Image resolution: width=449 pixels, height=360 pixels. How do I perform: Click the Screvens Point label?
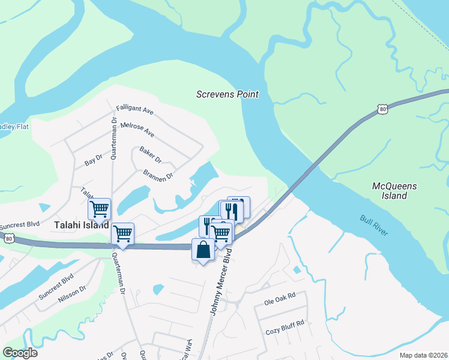click(228, 94)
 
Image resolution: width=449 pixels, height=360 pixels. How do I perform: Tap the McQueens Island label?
click(394, 191)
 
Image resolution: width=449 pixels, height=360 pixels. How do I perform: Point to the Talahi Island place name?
click(81, 226)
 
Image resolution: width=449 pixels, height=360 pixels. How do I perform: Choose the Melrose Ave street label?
click(137, 129)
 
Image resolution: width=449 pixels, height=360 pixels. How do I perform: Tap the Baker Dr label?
click(151, 155)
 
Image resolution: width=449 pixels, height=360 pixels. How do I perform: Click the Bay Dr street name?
click(94, 160)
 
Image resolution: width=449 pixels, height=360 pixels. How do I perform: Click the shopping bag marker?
click(203, 249)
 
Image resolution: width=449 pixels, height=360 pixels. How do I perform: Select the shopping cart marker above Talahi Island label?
click(99, 209)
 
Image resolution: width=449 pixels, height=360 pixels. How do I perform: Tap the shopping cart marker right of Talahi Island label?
click(122, 233)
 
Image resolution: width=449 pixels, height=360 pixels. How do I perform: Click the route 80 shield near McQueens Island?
click(382, 108)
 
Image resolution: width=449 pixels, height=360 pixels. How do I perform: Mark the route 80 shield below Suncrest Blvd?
click(8, 238)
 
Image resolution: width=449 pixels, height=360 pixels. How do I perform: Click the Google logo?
click(20, 353)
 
